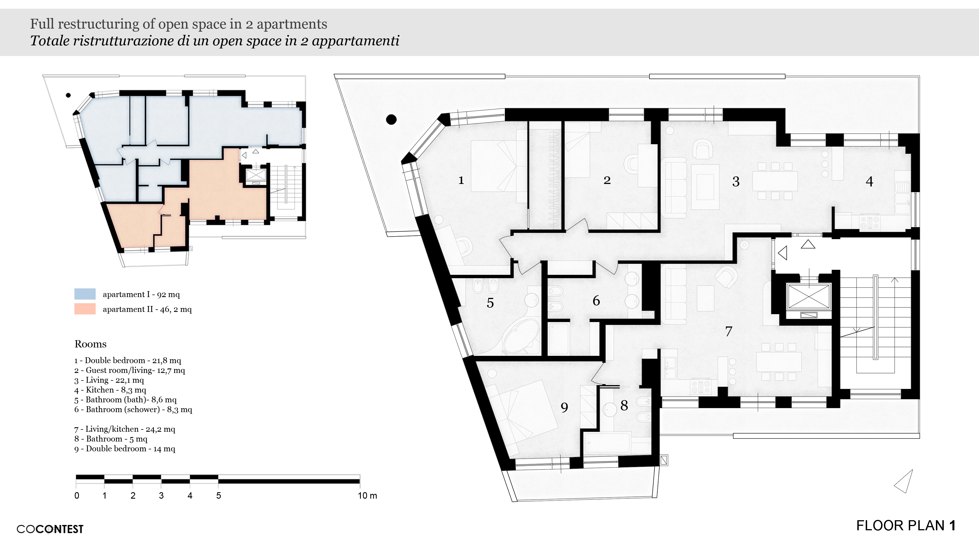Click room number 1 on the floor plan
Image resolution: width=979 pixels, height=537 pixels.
461,180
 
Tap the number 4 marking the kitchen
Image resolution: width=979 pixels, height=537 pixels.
869,181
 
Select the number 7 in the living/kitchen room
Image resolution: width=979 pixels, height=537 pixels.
728,331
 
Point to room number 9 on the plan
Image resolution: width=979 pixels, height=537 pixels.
564,408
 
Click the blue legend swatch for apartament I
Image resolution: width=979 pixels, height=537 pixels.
85,294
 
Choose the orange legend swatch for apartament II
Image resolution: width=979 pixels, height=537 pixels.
85,309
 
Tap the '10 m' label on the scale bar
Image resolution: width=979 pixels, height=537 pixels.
367,496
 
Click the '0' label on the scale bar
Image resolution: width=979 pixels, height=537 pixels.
77,496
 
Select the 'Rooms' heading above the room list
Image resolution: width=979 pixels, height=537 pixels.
90,344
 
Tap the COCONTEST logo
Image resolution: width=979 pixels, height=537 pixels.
50,529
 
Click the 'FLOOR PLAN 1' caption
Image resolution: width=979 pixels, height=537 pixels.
906,526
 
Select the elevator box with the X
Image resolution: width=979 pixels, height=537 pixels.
809,296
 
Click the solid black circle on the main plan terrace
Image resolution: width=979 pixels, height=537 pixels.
391,120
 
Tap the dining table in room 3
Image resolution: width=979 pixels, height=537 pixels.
775,181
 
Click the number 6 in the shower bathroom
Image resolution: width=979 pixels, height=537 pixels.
596,301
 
